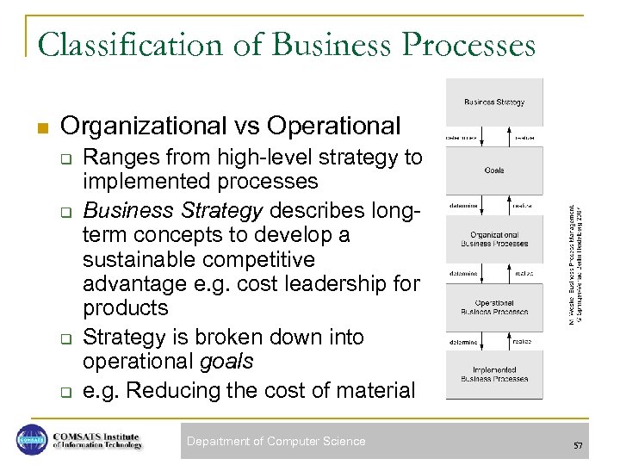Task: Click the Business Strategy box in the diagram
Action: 494,102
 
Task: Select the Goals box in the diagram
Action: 494,170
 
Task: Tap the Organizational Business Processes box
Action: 494,239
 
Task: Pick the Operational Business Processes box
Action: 494,307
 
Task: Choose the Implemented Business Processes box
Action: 494,375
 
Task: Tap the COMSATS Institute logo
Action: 79,440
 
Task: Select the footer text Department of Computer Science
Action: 276,442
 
